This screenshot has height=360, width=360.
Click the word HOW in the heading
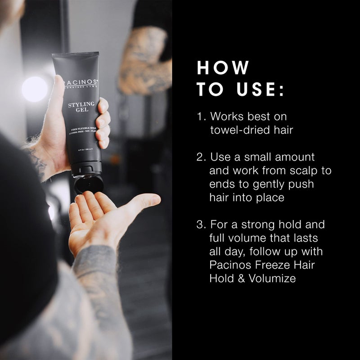(x=223, y=67)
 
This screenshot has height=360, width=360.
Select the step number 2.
(x=201, y=157)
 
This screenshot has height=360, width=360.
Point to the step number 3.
(x=201, y=224)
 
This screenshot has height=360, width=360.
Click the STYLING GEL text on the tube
(x=81, y=108)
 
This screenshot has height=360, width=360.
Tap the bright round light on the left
(x=34, y=88)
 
